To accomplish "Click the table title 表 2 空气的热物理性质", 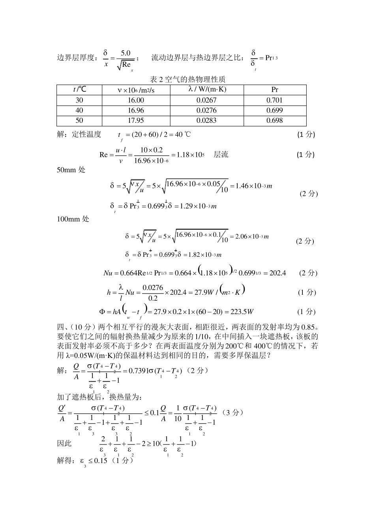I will pos(187,79).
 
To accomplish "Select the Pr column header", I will pos(275,90).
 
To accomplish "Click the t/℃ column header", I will pos(79,90).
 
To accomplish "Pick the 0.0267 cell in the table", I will pos(206,100).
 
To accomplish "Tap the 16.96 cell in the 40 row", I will pos(136,110).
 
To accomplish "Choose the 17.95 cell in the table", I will pos(136,121).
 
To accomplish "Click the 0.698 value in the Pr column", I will pos(275,121).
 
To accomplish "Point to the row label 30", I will pos(79,100).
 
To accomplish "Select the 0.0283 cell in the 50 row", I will pos(206,121).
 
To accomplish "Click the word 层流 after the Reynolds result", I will pos(221,154).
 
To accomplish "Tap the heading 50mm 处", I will pos(71,170).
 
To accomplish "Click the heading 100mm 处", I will pos(73,219).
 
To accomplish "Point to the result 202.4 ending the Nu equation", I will pos(277,273).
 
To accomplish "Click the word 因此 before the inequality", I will pos(64,443).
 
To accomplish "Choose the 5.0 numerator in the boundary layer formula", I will pos(126,53).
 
